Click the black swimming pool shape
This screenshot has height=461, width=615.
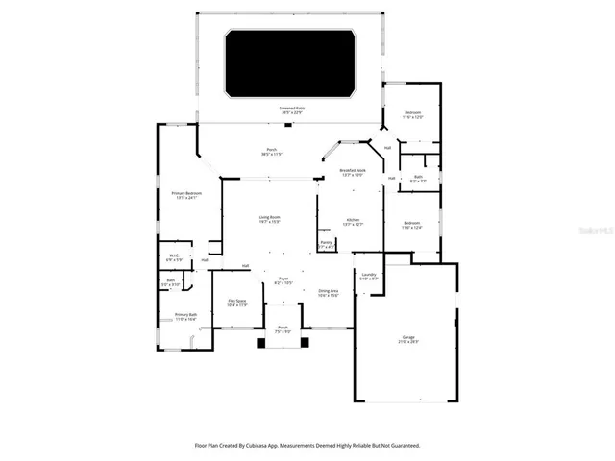[291, 63]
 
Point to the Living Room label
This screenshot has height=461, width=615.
[269, 219]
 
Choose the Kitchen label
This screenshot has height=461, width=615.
[353, 222]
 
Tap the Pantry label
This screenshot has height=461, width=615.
[327, 244]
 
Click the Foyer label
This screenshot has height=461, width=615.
[283, 280]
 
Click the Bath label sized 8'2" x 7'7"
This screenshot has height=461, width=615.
[419, 178]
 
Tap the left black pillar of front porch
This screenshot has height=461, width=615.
[259, 341]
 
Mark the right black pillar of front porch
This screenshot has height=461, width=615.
[306, 341]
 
